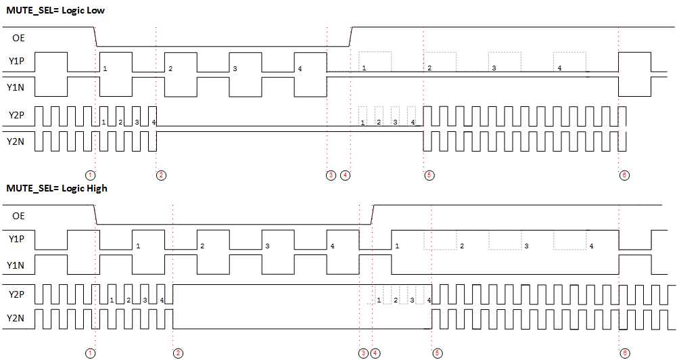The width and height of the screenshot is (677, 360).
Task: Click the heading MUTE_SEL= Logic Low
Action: pyautogui.click(x=55, y=10)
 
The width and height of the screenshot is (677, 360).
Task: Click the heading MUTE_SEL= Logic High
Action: pyautogui.click(x=57, y=188)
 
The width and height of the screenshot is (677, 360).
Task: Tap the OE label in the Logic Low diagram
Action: pyautogui.click(x=19, y=38)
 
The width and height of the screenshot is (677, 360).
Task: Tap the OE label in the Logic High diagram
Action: pyautogui.click(x=19, y=216)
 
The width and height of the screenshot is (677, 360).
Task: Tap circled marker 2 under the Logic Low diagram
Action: pyautogui.click(x=161, y=175)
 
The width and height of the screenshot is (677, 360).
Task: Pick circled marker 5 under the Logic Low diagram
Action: pyautogui.click(x=429, y=175)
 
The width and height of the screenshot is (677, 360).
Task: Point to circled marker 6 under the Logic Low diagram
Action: pyautogui.click(x=624, y=175)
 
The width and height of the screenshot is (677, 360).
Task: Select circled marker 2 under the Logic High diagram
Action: pyautogui.click(x=178, y=353)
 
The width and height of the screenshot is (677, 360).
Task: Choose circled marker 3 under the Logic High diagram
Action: pyautogui.click(x=364, y=353)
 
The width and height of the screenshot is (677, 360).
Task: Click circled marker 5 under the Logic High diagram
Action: pyautogui.click(x=438, y=353)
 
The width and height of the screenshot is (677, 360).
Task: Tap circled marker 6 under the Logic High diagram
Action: pyautogui.click(x=624, y=353)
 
